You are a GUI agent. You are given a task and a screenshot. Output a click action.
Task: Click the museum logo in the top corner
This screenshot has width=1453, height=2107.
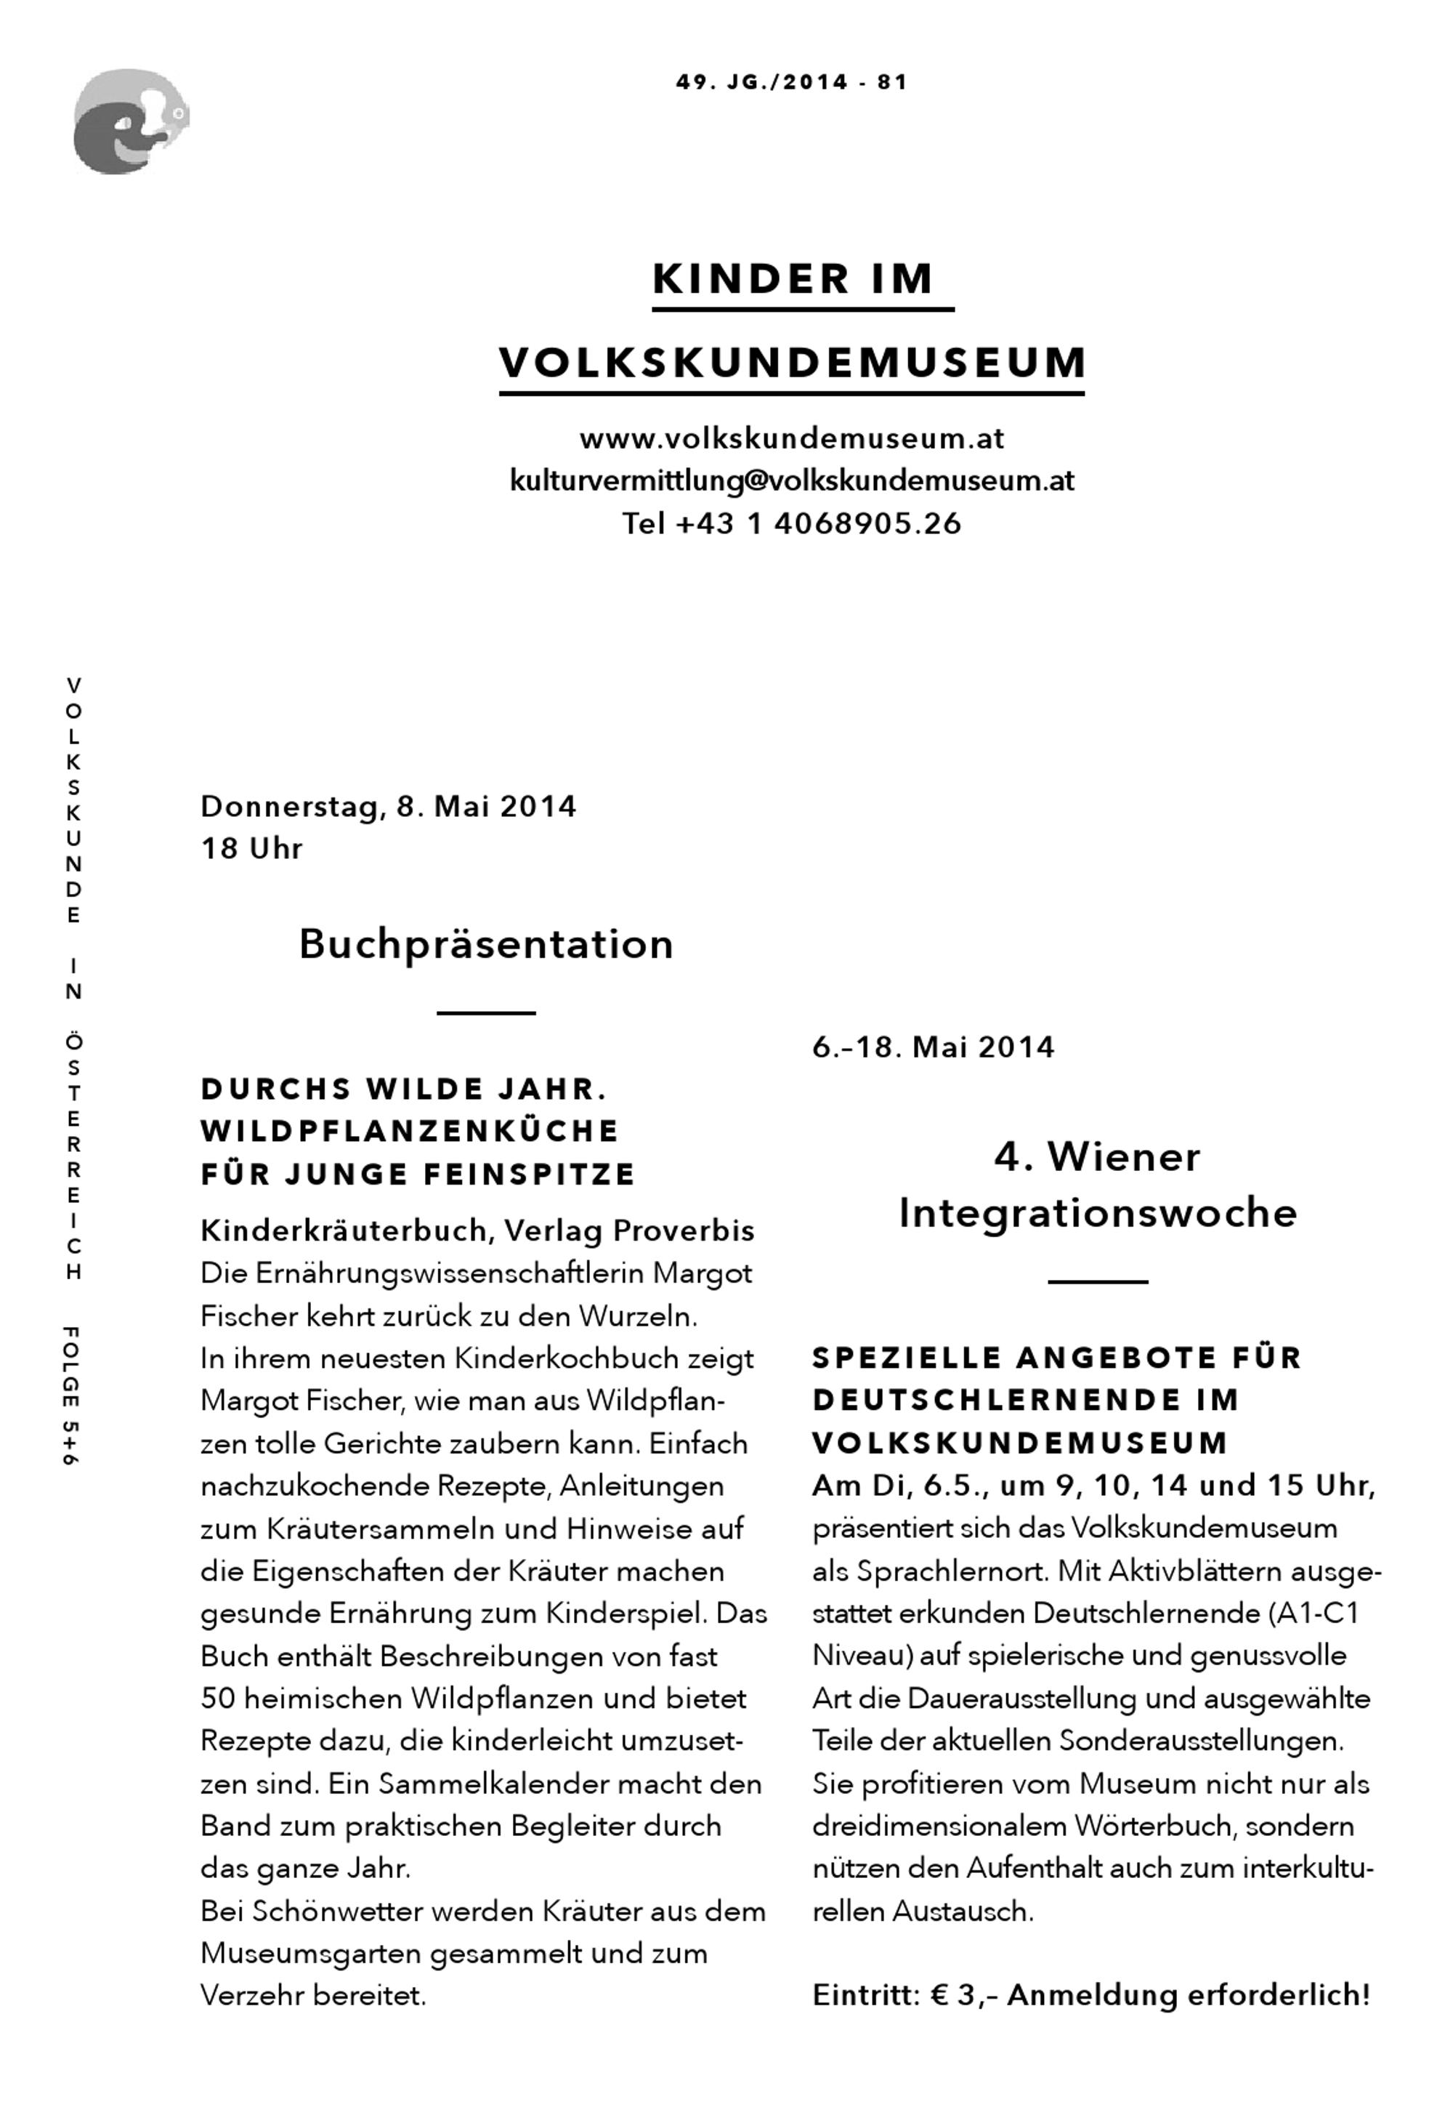pos(130,121)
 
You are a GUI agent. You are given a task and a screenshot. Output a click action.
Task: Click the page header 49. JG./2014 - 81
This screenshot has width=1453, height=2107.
pos(791,82)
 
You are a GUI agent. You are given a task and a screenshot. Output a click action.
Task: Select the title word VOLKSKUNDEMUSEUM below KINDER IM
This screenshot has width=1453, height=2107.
pos(792,363)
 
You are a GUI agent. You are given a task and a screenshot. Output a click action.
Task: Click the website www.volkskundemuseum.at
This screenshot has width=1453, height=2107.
pos(791,439)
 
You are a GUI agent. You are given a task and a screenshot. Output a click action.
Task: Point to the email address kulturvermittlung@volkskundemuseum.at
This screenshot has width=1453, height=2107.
pos(791,480)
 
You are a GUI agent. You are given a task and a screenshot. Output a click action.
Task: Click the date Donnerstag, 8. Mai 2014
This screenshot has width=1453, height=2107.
pos(388,807)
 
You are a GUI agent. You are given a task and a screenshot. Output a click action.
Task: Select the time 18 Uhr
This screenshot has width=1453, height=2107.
pos(251,849)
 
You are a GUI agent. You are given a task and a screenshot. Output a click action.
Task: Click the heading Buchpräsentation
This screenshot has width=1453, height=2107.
pos(486,944)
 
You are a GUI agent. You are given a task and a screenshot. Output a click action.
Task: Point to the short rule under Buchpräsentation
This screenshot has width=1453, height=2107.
pos(486,1012)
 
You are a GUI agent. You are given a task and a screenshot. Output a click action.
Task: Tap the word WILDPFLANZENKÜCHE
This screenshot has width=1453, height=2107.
pos(410,1131)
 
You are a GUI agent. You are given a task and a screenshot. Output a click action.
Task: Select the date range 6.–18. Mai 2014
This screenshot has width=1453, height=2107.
pos(933,1047)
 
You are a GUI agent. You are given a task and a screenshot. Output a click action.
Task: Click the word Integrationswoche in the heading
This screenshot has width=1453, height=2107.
pos(1097,1214)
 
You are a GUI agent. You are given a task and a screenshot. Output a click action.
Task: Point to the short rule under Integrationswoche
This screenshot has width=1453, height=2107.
pos(1097,1282)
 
